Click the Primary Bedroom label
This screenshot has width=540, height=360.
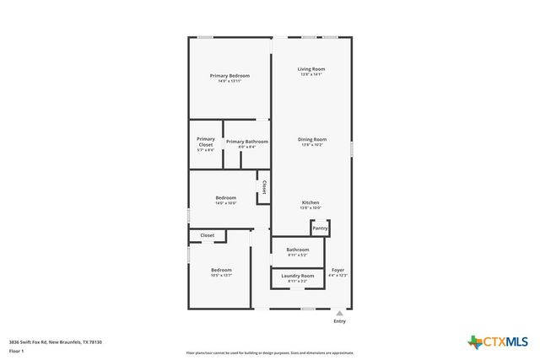(x=229, y=76)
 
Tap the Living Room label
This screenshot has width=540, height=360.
(x=311, y=69)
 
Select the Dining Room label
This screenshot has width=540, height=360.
(x=311, y=139)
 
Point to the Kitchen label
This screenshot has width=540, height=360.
(x=310, y=202)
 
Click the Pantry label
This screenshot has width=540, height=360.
(x=320, y=228)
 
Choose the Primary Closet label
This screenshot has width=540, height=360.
(x=206, y=142)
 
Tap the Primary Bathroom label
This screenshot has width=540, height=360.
(x=247, y=142)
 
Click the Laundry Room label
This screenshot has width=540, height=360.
(x=298, y=276)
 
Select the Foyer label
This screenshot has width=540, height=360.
(x=337, y=271)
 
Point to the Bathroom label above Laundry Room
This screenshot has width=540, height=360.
(x=298, y=250)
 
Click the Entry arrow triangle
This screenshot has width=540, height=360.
(x=339, y=313)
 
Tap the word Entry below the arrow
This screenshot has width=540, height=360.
(x=339, y=321)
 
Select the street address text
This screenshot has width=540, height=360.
(x=56, y=341)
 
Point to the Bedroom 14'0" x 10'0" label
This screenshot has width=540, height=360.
(x=225, y=198)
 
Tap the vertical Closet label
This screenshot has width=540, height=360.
(x=264, y=187)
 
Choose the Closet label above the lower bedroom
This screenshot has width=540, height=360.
(x=207, y=235)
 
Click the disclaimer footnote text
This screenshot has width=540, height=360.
(x=270, y=352)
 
